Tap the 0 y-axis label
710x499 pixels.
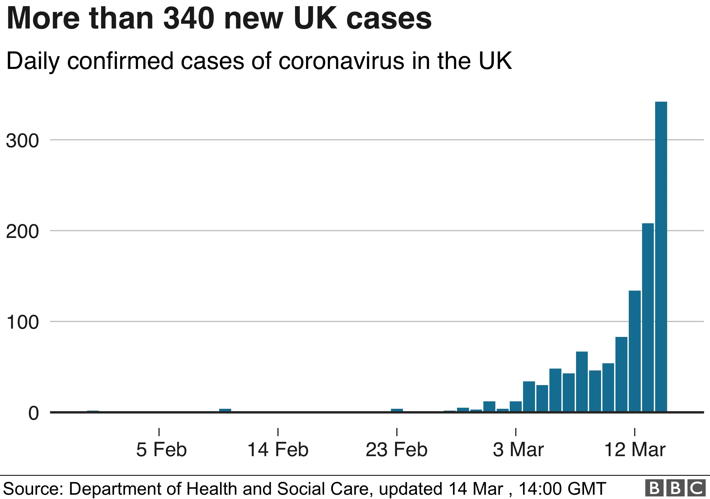tap(33, 413)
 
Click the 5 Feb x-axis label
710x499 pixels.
tap(161, 449)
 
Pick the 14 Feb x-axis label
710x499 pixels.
tap(278, 449)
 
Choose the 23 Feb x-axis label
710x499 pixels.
tap(397, 449)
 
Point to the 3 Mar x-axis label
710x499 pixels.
tap(518, 449)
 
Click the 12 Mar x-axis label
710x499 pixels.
tap(635, 449)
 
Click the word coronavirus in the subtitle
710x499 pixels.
tap(341, 61)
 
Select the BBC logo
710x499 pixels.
tap(676, 489)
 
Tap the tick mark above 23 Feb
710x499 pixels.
tap(397, 432)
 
